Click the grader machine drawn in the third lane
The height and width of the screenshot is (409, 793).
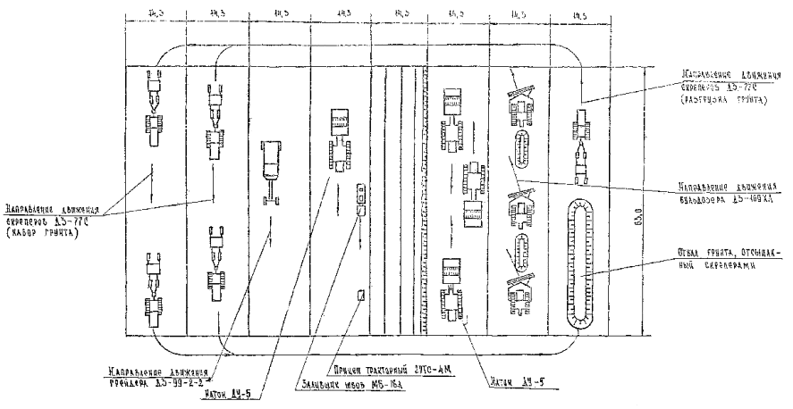[269, 169]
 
